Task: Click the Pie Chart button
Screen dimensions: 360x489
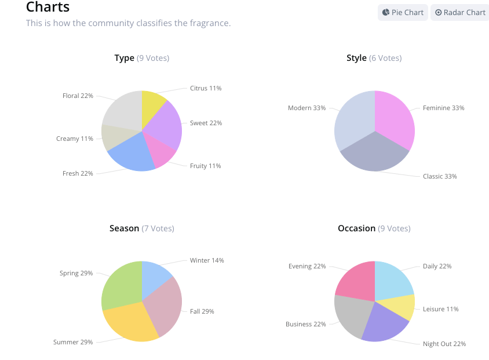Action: (403, 12)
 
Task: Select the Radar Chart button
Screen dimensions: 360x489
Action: (460, 12)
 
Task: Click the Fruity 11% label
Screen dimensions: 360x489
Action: (205, 166)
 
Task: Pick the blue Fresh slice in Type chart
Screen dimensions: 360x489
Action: (132, 153)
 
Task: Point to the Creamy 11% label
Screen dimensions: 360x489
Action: (75, 139)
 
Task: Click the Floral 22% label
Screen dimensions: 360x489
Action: (78, 96)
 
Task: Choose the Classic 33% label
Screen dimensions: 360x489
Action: (440, 176)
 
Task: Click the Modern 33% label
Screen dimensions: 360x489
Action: (306, 108)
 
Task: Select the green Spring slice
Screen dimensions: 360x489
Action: (121, 284)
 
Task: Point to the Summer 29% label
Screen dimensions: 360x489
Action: (73, 342)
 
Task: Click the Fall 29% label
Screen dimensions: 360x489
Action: (202, 311)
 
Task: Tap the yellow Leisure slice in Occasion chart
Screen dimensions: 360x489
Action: (402, 307)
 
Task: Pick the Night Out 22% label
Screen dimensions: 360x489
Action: (444, 344)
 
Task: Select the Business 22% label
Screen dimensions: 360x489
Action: (305, 324)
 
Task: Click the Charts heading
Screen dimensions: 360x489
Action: (48, 7)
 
